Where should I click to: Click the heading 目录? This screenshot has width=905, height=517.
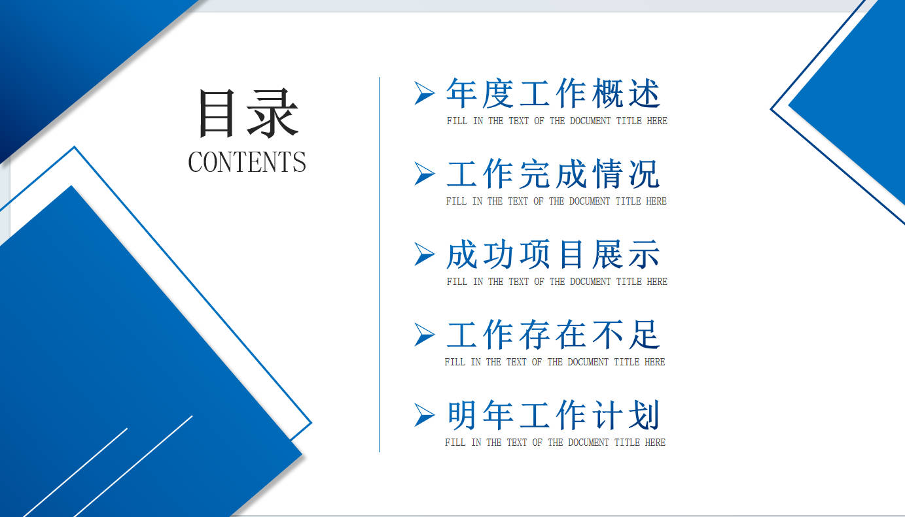tap(249, 113)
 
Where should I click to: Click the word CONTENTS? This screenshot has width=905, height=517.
tap(247, 162)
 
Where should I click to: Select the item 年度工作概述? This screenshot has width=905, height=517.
tap(553, 93)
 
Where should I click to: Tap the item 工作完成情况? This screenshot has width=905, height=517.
tap(553, 174)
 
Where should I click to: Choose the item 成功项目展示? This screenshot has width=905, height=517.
tap(553, 254)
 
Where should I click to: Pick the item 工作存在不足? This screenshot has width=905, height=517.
tap(553, 335)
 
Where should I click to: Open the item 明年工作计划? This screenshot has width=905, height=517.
tap(553, 415)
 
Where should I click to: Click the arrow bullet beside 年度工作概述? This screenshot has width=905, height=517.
tap(424, 93)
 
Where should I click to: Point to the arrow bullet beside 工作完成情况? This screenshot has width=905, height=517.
tap(424, 174)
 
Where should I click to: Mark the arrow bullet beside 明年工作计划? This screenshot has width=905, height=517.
tap(424, 415)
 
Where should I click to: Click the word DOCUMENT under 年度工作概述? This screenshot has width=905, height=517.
tap(590, 121)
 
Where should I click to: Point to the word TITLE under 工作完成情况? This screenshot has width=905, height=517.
tap(628, 201)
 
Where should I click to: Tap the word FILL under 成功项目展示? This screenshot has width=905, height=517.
tap(457, 281)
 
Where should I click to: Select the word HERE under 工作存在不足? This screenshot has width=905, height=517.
tap(654, 361)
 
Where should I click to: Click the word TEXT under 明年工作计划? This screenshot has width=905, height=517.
tap(517, 442)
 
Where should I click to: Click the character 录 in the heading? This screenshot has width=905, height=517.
tap(273, 113)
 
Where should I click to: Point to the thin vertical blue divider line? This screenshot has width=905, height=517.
tap(379, 265)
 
